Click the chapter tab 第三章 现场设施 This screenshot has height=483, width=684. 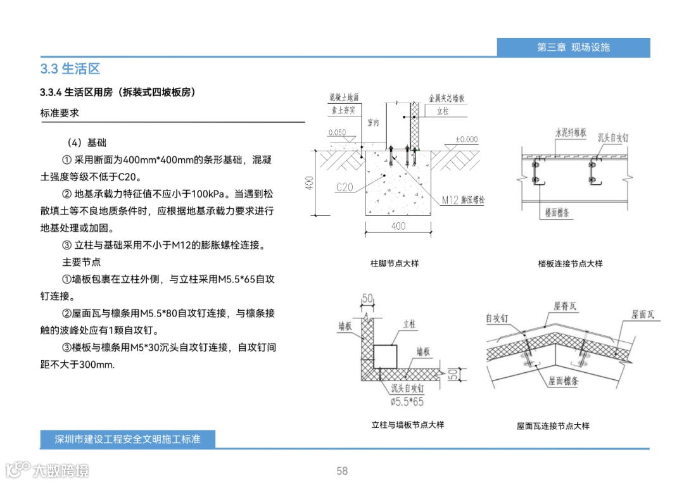point(573,47)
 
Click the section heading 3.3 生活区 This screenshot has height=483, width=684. point(70,69)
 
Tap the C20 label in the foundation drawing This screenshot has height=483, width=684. point(345,187)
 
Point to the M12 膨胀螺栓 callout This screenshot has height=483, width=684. point(467,200)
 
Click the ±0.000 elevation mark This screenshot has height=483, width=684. point(466,139)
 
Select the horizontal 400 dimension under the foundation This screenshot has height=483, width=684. point(398,226)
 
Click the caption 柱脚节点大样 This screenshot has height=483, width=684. point(395,263)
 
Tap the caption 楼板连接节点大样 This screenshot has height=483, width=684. point(570,263)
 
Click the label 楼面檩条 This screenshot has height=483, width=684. point(557,213)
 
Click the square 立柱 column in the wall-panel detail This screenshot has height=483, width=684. point(385,357)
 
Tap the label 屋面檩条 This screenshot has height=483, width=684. point(564,380)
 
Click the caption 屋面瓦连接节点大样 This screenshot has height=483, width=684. point(553,426)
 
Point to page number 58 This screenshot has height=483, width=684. point(342,471)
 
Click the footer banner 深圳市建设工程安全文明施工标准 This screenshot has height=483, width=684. point(127,439)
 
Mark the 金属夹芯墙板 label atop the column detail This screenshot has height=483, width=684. point(446,98)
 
